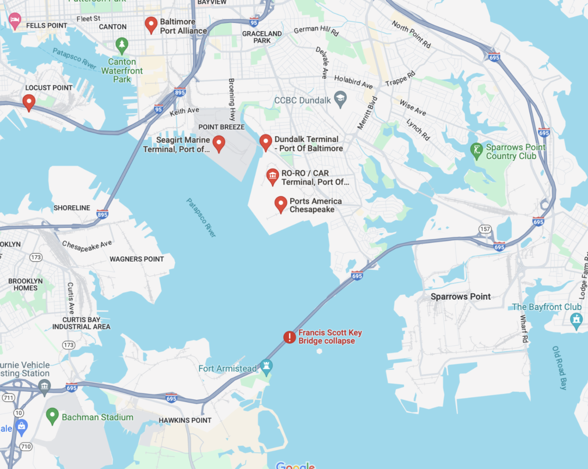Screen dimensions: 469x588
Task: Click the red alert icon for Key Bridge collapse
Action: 290,337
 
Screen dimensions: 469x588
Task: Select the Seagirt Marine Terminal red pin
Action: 219,143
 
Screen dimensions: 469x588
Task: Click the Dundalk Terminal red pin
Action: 266,142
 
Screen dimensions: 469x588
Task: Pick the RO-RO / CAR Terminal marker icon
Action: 273,176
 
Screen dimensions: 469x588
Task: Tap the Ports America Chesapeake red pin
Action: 281,204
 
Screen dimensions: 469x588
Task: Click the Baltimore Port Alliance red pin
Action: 151,24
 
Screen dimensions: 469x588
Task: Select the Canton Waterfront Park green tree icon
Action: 122,44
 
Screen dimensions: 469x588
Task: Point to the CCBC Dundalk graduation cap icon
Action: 340,99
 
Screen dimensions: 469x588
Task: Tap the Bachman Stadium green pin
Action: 52,416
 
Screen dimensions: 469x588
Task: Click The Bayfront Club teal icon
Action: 576,321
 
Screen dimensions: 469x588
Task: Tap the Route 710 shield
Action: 26,447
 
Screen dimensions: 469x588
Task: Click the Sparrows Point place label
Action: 461,297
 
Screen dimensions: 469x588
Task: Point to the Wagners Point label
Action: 137,259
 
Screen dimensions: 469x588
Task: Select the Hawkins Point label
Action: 185,420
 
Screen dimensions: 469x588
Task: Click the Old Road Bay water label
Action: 560,368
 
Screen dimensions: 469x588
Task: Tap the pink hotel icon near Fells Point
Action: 15,21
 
